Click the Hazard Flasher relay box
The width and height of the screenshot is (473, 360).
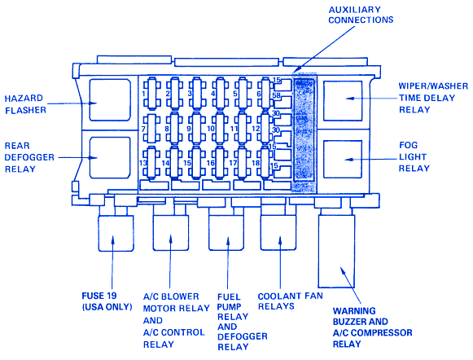pyautogui.click(x=110, y=100)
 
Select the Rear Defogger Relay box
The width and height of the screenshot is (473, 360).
pyautogui.click(x=110, y=157)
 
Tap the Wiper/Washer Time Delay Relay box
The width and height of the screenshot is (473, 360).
pyautogui.click(x=343, y=101)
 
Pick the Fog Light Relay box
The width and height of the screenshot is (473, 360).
pyautogui.click(x=343, y=159)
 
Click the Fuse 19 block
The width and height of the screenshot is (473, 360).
pyautogui.click(x=116, y=233)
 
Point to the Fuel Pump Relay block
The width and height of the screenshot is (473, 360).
pyautogui.click(x=226, y=232)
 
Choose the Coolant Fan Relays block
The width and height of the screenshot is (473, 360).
pyautogui.click(x=278, y=232)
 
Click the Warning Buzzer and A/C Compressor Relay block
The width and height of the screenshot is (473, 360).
pyautogui.click(x=337, y=251)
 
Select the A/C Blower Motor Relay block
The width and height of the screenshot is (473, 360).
pyautogui.click(x=171, y=232)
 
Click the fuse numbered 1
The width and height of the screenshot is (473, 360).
pyautogui.click(x=151, y=93)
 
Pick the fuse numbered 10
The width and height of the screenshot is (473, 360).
pyautogui.click(x=220, y=128)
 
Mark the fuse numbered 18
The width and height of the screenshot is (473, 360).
pyautogui.click(x=265, y=162)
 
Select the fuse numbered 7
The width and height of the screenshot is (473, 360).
pyautogui.click(x=151, y=128)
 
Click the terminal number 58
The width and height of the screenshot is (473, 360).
pyautogui.click(x=277, y=95)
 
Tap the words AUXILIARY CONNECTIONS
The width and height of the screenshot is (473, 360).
pyautogui.click(x=361, y=15)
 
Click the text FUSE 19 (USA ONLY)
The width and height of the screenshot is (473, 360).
pyautogui.click(x=107, y=301)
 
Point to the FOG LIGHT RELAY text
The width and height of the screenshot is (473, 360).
pyautogui.click(x=413, y=156)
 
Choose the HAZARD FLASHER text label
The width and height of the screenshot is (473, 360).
pyautogui.click(x=25, y=104)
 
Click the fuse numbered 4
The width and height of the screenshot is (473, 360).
pyautogui.click(x=220, y=93)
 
